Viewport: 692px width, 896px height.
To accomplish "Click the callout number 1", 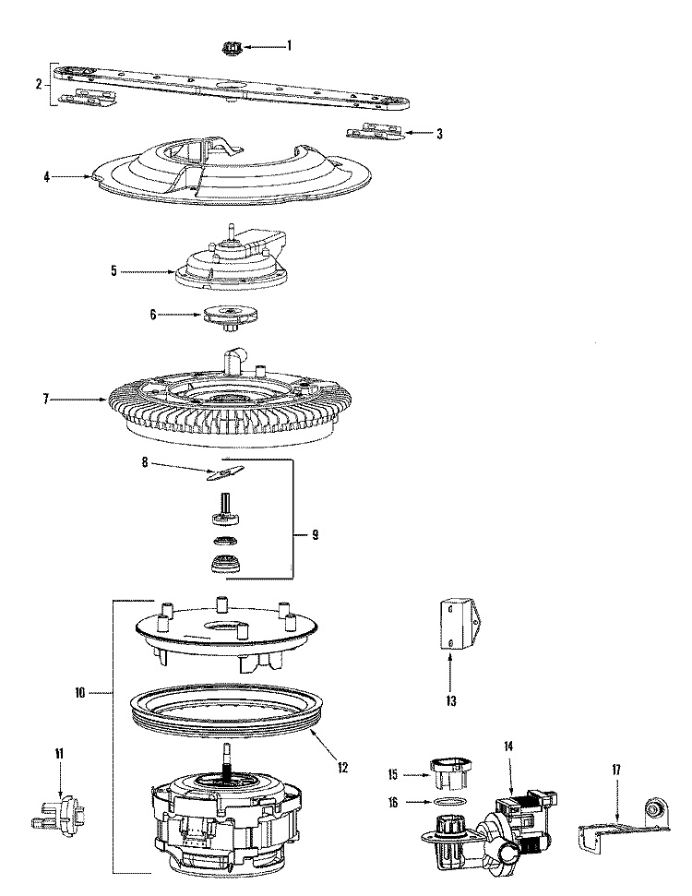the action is point(289,45).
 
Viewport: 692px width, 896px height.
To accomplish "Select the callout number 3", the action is point(439,134).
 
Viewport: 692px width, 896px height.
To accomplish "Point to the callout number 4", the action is point(46,177).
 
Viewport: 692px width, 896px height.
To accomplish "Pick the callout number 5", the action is point(113,271).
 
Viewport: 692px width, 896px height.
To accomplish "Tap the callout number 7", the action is point(46,400).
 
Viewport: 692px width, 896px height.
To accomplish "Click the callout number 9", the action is point(316,535).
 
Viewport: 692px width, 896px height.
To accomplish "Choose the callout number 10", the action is point(79,693).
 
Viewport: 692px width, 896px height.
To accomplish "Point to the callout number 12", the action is point(342,768).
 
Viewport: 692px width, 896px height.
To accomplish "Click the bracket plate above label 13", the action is point(459,624).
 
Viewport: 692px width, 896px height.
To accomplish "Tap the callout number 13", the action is point(451,701).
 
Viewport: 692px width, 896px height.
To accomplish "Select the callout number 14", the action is point(508,747).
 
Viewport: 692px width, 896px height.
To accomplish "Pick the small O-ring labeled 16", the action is point(447,802).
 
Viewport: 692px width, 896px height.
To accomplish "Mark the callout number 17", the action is point(616,771).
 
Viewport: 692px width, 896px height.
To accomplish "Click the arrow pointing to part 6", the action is point(181,314).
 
